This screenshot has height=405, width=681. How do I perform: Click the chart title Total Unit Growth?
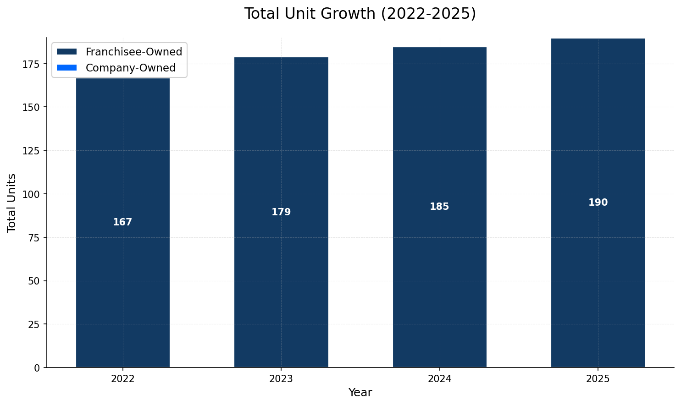pos(360,14)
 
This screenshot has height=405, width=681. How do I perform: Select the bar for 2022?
pos(122,275)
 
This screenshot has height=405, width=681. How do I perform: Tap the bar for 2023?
pos(281,275)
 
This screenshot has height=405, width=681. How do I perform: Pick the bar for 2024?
pos(439,275)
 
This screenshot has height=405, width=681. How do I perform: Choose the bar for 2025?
pos(598,275)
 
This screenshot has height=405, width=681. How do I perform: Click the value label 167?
pos(122,222)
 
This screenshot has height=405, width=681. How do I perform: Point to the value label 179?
pos(281,212)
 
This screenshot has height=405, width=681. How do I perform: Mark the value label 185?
pos(439,207)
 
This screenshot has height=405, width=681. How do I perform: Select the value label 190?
pos(598,202)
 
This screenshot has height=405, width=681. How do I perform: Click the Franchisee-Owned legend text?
pos(134,52)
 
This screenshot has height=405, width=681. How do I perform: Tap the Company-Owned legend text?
pos(131,68)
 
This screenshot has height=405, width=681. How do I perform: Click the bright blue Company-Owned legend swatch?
pos(66,68)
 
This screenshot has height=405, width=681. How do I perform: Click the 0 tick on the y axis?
pos(37,367)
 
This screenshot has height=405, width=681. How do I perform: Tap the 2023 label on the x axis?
pos(281,379)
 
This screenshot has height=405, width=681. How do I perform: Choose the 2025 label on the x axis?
pos(598,379)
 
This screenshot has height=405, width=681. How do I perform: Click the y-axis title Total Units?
pos(12,202)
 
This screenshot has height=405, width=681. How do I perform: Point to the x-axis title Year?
pos(360,393)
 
